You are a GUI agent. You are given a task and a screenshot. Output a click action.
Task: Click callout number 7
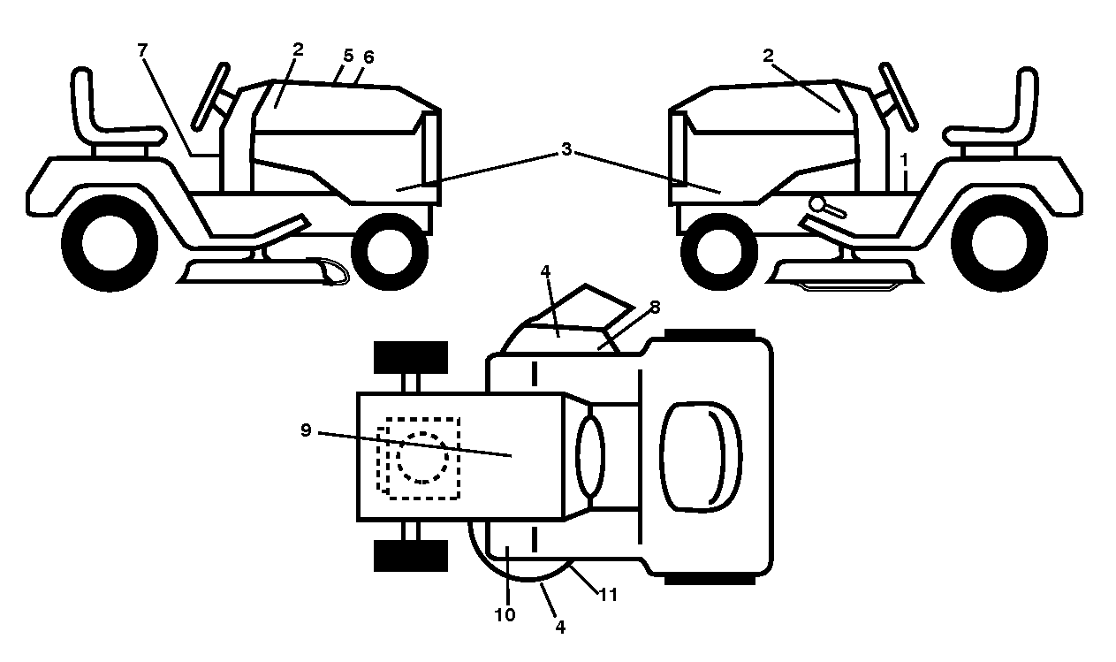point(142,49)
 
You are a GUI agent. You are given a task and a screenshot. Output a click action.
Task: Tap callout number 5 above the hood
point(348,56)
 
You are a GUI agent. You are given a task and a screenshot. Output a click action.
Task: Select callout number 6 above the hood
point(368,57)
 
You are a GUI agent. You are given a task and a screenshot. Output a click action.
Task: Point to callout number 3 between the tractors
point(566,149)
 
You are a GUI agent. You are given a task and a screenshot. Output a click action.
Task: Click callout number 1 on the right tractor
point(904,161)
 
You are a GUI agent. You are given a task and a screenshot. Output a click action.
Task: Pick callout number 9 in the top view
point(306,430)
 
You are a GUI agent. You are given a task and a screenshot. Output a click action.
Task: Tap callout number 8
point(655,308)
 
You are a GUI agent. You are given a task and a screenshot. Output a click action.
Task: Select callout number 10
point(505,615)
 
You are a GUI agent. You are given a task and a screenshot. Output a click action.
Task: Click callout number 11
point(608,595)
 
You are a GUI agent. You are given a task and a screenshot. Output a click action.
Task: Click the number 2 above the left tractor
point(298,49)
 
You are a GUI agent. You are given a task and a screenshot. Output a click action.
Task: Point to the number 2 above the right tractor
point(768,56)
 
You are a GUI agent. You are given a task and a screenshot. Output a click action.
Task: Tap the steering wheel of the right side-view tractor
point(899,96)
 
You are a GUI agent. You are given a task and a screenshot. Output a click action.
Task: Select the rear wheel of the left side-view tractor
point(110,243)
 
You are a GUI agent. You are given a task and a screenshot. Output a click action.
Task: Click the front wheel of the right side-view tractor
point(719,252)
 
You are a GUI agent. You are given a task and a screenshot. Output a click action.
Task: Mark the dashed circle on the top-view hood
point(422,458)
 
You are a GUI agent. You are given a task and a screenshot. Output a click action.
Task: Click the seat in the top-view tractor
point(701,457)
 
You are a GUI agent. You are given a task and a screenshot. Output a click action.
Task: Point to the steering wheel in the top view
point(590,457)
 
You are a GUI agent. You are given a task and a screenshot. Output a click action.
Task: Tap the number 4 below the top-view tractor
point(560,628)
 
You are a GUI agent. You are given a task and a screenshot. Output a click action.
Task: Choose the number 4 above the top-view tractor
point(545,271)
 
